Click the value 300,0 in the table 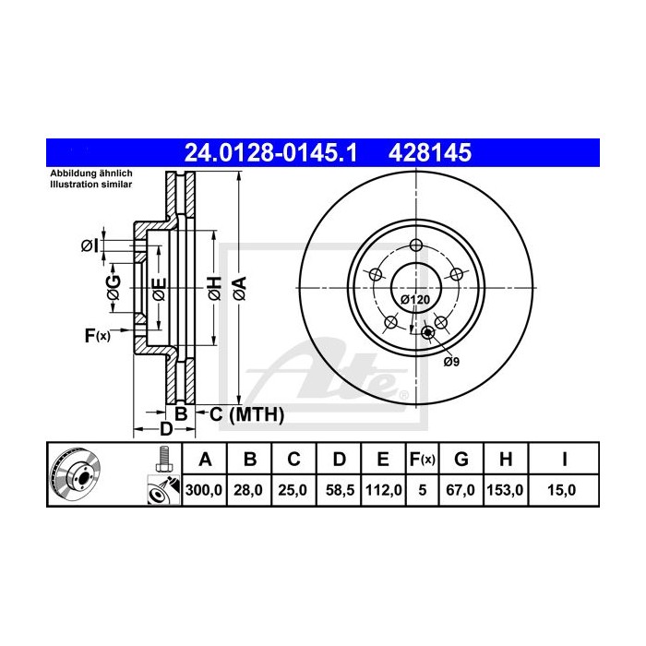tap(205, 491)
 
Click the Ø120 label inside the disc tap(413, 301)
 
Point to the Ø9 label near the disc tap(451, 362)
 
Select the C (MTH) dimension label tap(245, 414)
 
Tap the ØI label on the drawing tap(89, 245)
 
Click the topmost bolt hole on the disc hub tap(415, 245)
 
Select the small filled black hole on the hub tap(426, 333)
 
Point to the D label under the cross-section tap(166, 429)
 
